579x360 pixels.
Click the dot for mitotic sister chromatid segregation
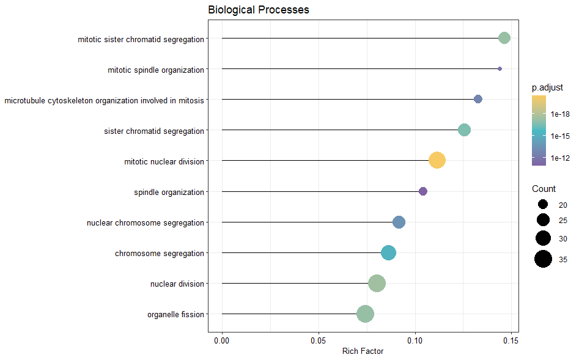pos(504,39)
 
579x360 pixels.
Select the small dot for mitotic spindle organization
pos(500,69)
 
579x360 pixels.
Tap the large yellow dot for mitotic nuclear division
pos(437,161)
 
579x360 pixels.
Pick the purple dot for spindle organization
pos(423,191)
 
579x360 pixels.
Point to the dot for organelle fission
pos(365,314)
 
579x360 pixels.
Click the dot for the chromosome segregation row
pos(388,253)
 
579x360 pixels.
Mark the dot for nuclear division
pos(377,284)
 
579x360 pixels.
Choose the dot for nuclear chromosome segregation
pos(399,222)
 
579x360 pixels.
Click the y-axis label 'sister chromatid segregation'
pos(154,131)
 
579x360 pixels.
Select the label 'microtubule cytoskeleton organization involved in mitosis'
pos(104,100)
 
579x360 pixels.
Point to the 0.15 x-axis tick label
pos(511,339)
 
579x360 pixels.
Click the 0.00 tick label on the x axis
pos(222,339)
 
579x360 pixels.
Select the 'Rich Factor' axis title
pos(363,351)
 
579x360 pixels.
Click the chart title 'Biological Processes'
pos(259,10)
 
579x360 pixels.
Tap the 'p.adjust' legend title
pos(547,88)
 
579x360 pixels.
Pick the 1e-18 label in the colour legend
pos(560,114)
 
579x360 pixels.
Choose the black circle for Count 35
pos(543,259)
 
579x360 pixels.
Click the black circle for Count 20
pos(543,205)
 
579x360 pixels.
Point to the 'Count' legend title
pos(544,189)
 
